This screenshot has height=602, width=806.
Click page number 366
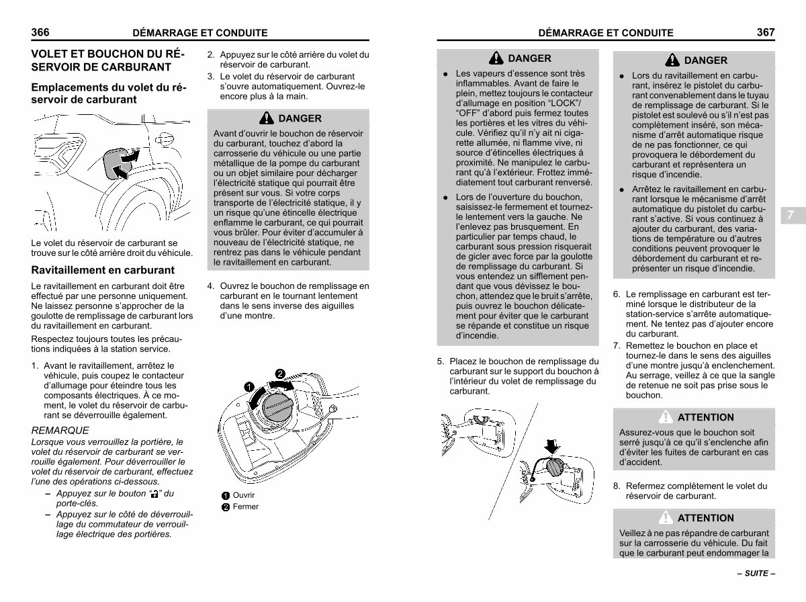point(42,32)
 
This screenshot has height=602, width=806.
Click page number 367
point(766,32)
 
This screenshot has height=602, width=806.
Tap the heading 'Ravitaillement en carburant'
point(103,270)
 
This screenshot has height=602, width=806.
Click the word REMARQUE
point(60,430)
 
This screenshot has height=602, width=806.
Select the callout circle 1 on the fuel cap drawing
point(249,388)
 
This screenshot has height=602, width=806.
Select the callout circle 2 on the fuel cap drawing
point(280,374)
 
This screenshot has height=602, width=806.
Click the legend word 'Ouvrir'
point(244,495)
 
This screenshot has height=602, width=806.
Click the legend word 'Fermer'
point(245,507)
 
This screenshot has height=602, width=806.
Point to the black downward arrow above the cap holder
point(553,445)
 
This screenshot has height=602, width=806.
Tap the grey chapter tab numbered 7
point(791,215)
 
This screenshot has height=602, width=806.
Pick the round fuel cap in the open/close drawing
point(275,406)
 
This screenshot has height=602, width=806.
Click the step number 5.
point(441,361)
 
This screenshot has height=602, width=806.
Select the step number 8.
point(617,486)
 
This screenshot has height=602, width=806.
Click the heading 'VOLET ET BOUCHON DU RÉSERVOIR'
point(106,60)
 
